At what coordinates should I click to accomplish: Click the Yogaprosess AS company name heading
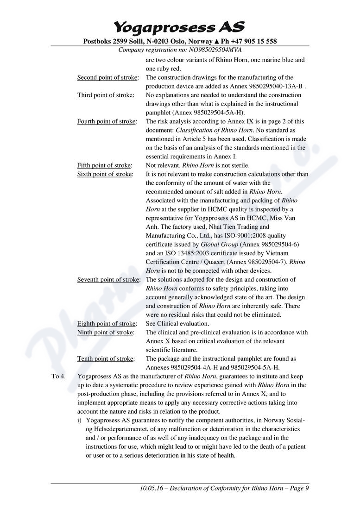coord(179,27)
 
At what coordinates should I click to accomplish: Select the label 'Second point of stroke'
coord(107,77)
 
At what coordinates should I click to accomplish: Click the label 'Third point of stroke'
coord(105,95)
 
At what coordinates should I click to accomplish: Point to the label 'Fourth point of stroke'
coord(107,121)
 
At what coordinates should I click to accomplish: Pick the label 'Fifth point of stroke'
coord(104,165)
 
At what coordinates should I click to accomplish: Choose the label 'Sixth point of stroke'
coord(105,174)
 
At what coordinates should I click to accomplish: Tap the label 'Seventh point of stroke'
coord(108,280)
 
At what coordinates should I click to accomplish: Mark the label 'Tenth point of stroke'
coord(106,358)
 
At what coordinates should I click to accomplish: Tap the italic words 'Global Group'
coord(219,245)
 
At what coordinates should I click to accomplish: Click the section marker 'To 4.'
coord(58,376)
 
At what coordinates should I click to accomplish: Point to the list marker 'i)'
coord(80,420)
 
